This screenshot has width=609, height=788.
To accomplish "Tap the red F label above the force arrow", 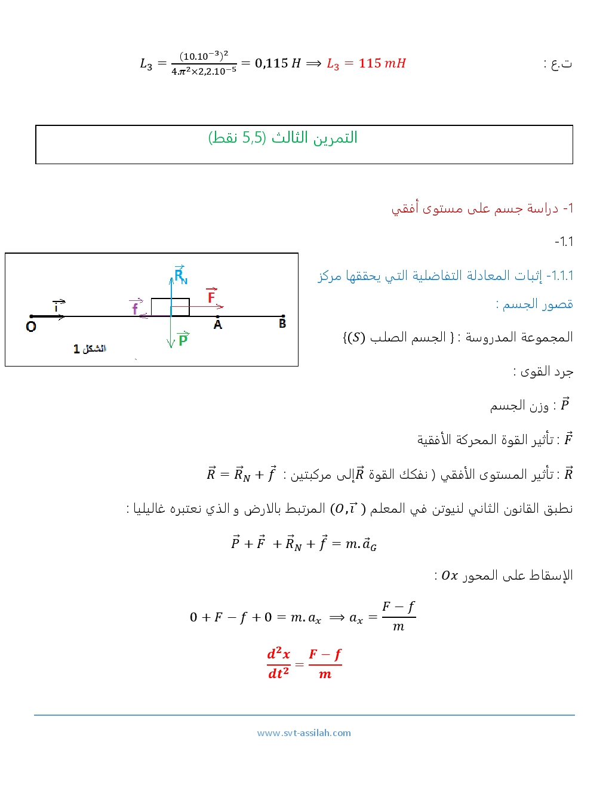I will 211,296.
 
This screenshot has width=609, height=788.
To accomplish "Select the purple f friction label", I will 136,307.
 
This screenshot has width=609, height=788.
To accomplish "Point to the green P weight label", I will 183,339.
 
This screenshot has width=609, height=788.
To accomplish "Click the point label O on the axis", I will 31,327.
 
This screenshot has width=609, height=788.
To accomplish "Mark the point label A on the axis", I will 218,325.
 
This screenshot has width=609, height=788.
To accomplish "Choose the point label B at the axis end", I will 282,324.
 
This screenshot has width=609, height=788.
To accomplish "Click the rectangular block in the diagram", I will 170,307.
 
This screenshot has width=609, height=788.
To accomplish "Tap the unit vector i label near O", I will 57,307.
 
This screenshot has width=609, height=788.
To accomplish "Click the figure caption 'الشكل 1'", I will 90,349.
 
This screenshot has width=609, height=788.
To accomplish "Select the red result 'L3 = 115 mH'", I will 366,63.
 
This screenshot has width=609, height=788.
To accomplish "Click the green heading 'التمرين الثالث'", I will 314,137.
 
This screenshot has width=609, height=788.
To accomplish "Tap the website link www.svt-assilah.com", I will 304,733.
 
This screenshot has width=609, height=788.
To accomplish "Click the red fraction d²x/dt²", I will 278,663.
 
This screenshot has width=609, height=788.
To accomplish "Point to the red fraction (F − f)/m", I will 325,663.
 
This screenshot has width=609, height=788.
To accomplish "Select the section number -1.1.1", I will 561,276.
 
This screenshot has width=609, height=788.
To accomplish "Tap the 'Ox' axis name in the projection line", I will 450,575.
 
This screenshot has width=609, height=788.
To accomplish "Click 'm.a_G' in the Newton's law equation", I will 361,544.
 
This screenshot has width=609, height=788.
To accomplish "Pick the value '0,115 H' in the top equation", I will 278,63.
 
